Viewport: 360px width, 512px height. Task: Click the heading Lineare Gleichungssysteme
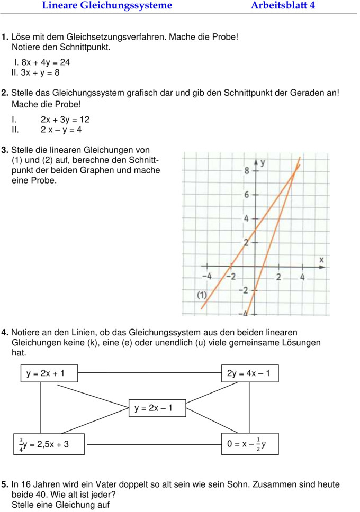click(x=107, y=6)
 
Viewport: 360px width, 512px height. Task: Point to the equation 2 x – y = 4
click(x=61, y=129)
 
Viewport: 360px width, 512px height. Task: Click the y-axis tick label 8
click(x=247, y=170)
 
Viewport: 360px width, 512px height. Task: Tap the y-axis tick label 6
click(x=247, y=194)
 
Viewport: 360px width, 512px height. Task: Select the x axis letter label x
click(x=321, y=260)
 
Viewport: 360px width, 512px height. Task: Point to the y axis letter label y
click(x=263, y=162)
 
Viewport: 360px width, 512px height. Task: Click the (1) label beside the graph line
click(x=201, y=295)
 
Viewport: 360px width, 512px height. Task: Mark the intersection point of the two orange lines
click(x=295, y=176)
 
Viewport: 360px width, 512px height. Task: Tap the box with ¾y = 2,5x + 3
click(x=49, y=443)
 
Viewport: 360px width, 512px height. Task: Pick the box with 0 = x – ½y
click(x=249, y=443)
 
